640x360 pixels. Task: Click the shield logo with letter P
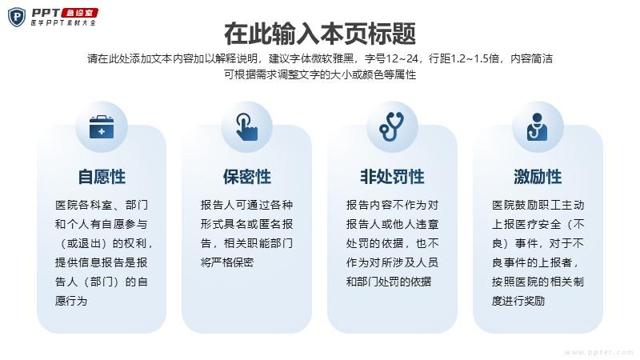pos(17,17)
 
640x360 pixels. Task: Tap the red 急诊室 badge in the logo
pos(79,13)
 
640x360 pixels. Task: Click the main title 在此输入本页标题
pos(320,34)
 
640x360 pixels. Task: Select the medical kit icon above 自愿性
pos(102,127)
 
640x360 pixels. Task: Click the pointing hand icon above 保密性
pos(246,127)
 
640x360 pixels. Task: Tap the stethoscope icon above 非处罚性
pos(392,127)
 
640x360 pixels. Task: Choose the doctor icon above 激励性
pos(537,127)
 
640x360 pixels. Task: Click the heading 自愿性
pos(102,177)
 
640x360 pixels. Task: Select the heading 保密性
pos(247,177)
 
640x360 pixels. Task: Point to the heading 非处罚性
pos(392,177)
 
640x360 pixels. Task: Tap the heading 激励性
pos(538,177)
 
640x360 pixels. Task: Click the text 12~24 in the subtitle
pos(402,58)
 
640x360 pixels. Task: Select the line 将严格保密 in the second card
pos(227,262)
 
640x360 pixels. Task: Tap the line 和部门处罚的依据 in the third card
pos(389,282)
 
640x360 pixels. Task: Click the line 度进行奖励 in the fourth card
pos(518,301)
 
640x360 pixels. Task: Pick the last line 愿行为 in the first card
pos(71,301)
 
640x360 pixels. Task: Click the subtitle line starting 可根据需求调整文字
pos(320,74)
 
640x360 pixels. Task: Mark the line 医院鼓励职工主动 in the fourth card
pos(538,205)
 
